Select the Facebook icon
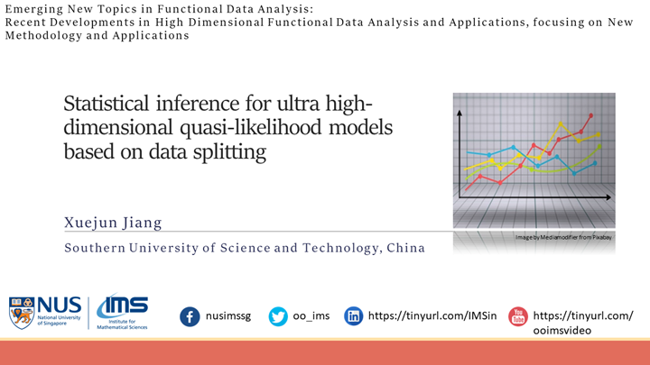click(190, 316)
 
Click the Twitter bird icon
click(278, 316)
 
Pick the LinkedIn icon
click(354, 316)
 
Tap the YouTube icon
click(517, 316)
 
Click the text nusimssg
click(232, 316)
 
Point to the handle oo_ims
click(312, 316)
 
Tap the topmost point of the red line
click(591, 115)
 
